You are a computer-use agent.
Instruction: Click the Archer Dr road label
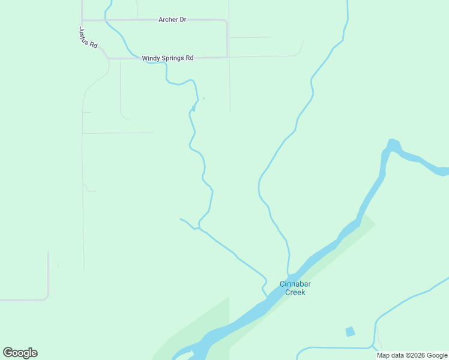click(x=172, y=20)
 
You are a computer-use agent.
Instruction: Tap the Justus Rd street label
click(x=88, y=38)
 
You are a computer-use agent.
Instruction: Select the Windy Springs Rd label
click(x=167, y=58)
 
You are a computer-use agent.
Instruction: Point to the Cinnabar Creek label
click(x=293, y=288)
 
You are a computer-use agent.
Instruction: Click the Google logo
click(x=20, y=353)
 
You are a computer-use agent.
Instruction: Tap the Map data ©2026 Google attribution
click(x=412, y=355)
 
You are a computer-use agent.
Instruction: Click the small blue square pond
click(x=350, y=331)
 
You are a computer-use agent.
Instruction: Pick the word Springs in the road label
click(x=172, y=58)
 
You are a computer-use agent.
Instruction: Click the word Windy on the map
click(x=150, y=58)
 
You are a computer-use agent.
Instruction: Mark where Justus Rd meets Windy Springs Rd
click(x=107, y=58)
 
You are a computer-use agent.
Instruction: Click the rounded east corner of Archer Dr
click(x=225, y=22)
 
